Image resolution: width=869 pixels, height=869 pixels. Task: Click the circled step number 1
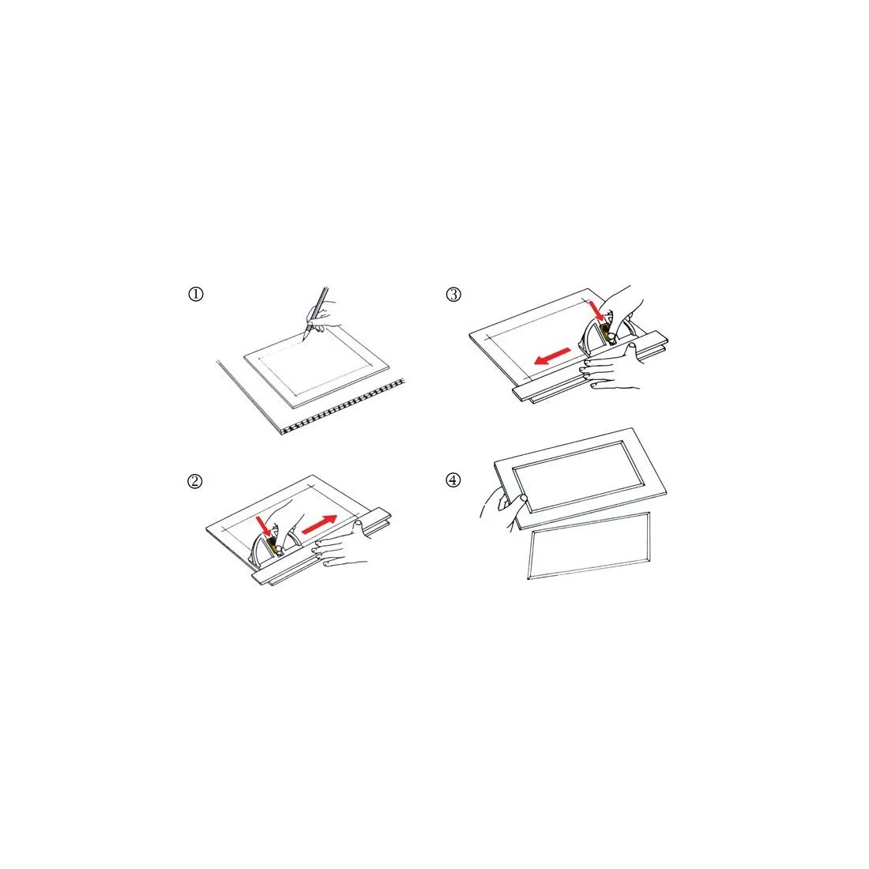[196, 294]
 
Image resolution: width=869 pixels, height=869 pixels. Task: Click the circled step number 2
[194, 481]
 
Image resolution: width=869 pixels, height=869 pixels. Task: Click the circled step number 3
[453, 295]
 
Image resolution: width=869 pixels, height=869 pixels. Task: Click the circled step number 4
[453, 480]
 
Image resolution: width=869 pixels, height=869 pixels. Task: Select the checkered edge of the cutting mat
[343, 407]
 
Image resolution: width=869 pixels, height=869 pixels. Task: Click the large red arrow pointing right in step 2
[318, 525]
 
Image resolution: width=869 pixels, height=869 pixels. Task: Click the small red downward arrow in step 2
[265, 526]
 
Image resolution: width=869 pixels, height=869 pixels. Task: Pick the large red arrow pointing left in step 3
[552, 356]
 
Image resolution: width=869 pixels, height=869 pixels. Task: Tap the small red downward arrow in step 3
[597, 311]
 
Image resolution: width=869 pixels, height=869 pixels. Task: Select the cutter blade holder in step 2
[274, 545]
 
